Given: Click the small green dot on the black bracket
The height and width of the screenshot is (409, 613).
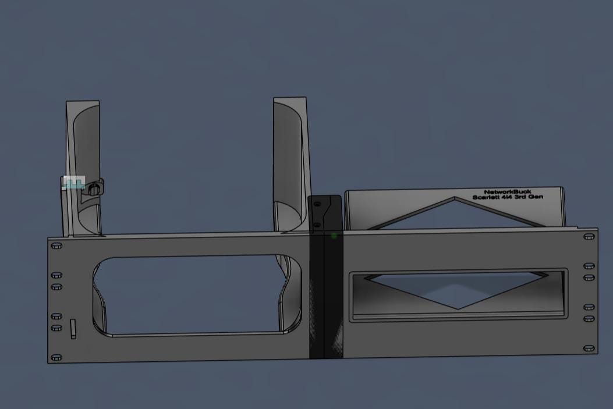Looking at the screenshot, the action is pos(334,236).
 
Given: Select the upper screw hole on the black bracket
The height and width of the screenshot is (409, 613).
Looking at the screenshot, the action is pos(317,204).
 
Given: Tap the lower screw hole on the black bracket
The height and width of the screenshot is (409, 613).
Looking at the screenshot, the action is pos(317,225).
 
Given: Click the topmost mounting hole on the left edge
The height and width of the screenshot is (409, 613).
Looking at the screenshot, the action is pos(56,246).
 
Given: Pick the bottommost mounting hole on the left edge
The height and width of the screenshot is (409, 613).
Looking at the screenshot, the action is pos(56,357).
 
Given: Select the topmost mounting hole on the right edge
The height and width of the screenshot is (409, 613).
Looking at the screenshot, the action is pos(589,237).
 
